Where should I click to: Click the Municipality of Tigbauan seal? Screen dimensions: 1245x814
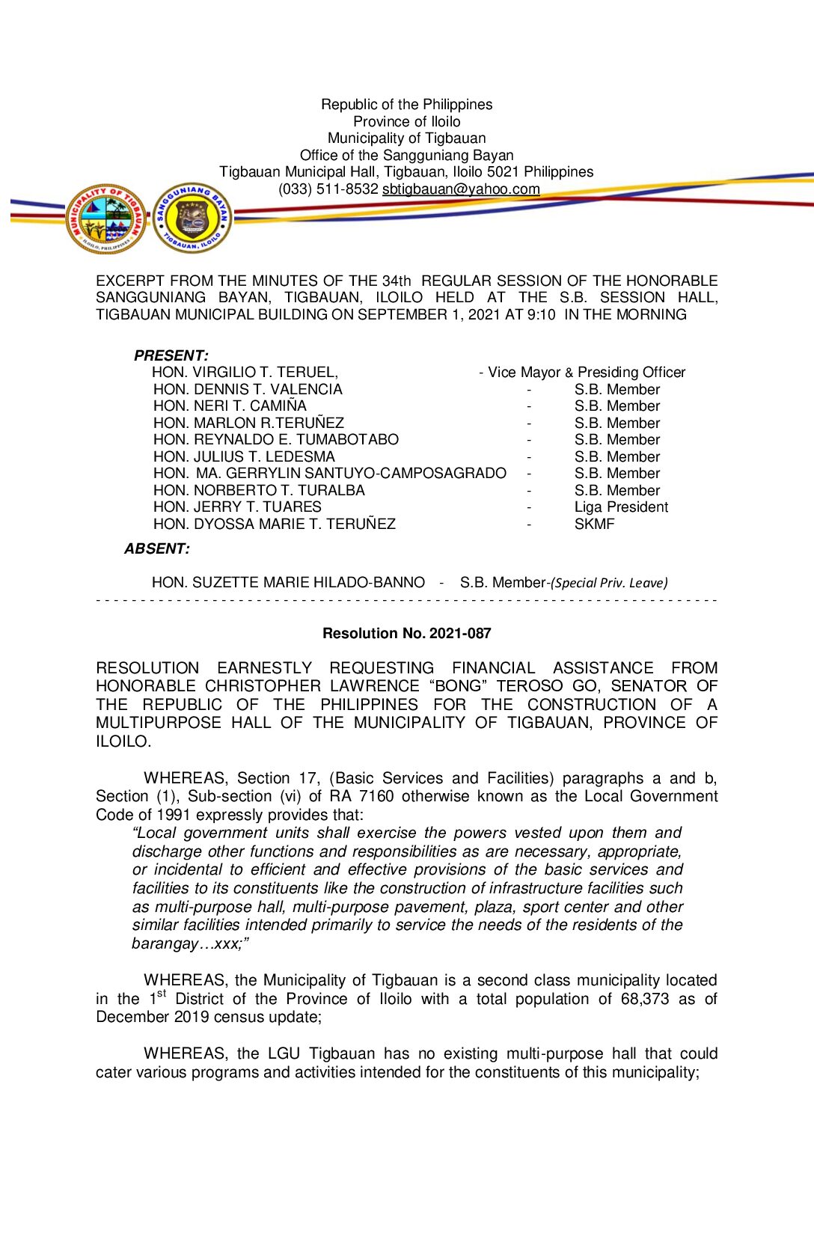[105, 218]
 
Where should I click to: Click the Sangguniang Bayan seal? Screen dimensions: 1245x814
[192, 218]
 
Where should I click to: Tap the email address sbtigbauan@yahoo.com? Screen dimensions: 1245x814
[461, 189]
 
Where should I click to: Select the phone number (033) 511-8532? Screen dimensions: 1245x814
[328, 189]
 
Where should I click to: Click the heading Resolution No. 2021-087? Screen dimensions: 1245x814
[406, 634]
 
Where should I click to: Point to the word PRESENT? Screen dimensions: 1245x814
[171, 356]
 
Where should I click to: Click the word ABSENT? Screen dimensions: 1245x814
[156, 549]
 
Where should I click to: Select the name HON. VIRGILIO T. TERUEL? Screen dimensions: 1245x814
[244, 373]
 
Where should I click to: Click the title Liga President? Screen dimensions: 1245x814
[621, 507]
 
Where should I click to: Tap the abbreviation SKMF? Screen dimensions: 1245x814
[594, 524]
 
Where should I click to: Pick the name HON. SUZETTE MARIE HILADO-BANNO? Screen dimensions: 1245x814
[288, 583]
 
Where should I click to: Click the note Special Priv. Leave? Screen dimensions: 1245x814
[609, 583]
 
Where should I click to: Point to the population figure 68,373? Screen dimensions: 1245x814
[644, 1000]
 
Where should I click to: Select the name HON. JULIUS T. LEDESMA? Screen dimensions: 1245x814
[244, 457]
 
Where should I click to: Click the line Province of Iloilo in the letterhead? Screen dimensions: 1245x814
[406, 122]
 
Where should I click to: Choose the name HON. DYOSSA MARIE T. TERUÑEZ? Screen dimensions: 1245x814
[274, 524]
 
